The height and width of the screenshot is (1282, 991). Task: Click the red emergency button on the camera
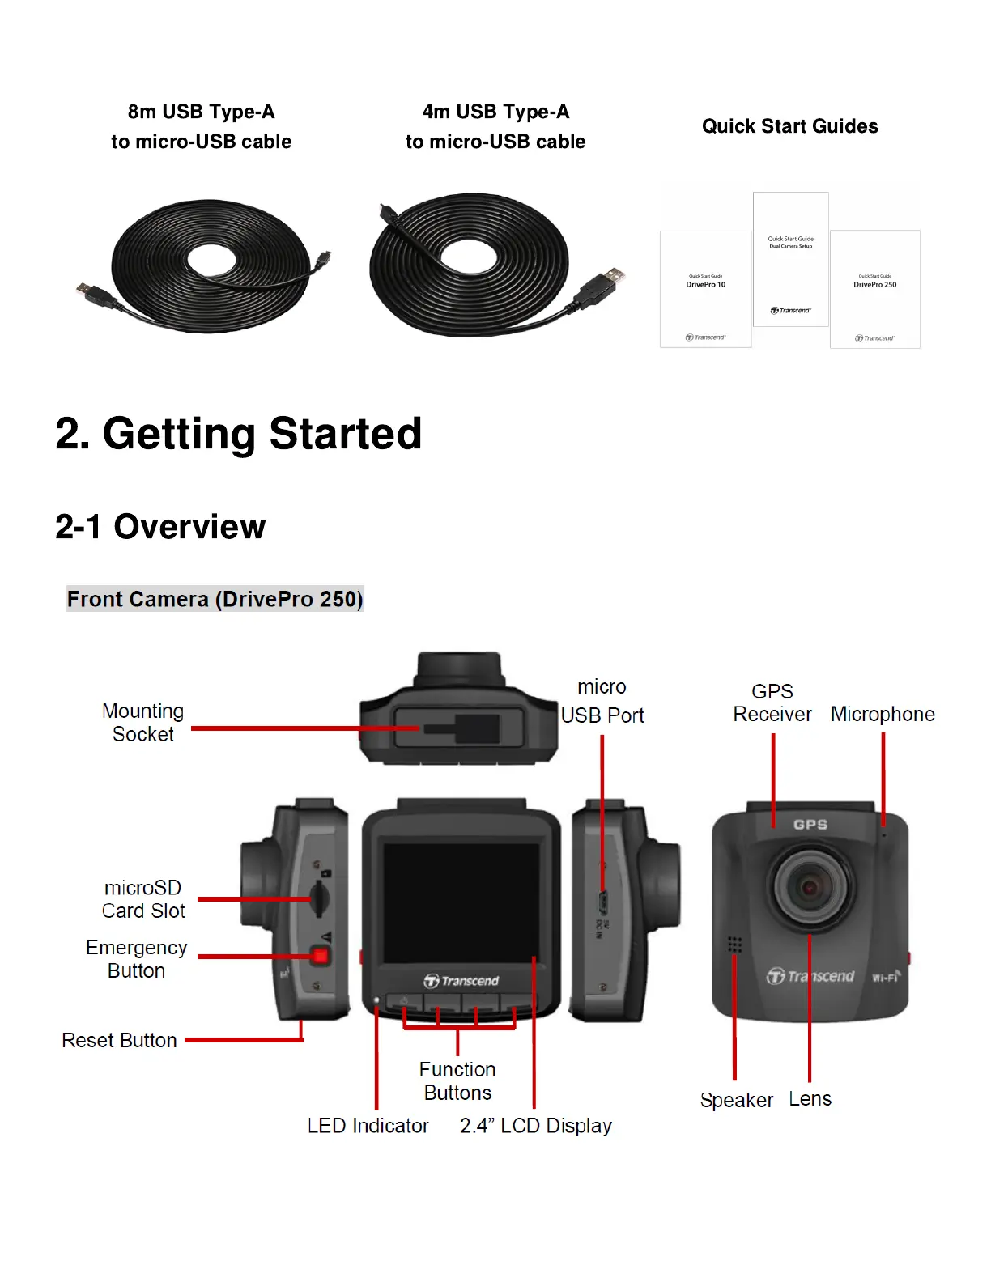click(321, 956)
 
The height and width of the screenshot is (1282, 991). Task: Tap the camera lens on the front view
click(810, 887)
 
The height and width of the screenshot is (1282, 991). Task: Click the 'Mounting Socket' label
click(143, 723)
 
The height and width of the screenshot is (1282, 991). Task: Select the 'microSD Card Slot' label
click(143, 899)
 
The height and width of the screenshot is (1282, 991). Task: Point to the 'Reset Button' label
click(119, 1041)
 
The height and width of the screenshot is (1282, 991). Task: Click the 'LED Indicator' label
click(368, 1126)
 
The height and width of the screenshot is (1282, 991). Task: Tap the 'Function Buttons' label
click(457, 1081)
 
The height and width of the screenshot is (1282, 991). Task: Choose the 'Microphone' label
click(883, 715)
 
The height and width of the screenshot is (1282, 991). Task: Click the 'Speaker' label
click(736, 1101)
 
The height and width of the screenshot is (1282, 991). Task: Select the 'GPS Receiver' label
click(772, 703)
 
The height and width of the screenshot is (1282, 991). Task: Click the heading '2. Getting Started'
click(239, 434)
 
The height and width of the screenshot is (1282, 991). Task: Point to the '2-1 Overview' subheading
click(160, 527)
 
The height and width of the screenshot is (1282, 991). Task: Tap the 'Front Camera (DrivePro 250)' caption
click(215, 599)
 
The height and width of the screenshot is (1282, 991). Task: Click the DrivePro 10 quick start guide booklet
click(705, 289)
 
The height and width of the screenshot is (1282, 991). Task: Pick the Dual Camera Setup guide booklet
click(791, 259)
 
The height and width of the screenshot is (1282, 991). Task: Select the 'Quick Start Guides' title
click(790, 126)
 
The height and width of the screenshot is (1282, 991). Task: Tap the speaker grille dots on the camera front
click(734, 945)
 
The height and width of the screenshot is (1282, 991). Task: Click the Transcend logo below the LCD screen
click(461, 981)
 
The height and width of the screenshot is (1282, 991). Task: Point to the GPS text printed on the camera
click(810, 825)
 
